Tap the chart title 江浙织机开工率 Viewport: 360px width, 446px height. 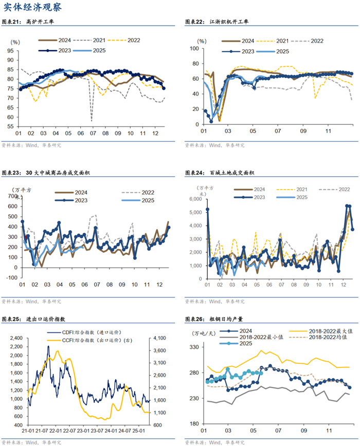229,22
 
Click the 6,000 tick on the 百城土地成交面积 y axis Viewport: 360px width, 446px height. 197,199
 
